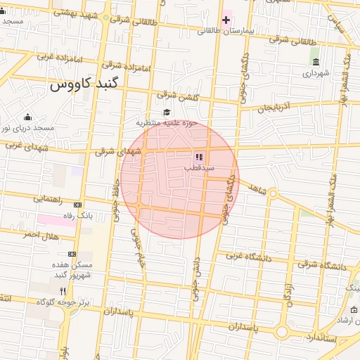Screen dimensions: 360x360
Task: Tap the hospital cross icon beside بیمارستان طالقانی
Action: coord(226,20)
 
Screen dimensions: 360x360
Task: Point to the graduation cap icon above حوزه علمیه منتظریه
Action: coord(167,112)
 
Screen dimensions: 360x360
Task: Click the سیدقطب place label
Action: coord(200,168)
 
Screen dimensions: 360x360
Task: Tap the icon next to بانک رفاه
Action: coord(77,205)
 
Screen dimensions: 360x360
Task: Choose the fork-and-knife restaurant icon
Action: coord(63,291)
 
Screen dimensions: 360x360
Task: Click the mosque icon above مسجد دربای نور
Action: coord(27,117)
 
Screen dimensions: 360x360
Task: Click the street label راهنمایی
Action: coord(50,199)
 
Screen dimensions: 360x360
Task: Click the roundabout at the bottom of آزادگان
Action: coord(283,330)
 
